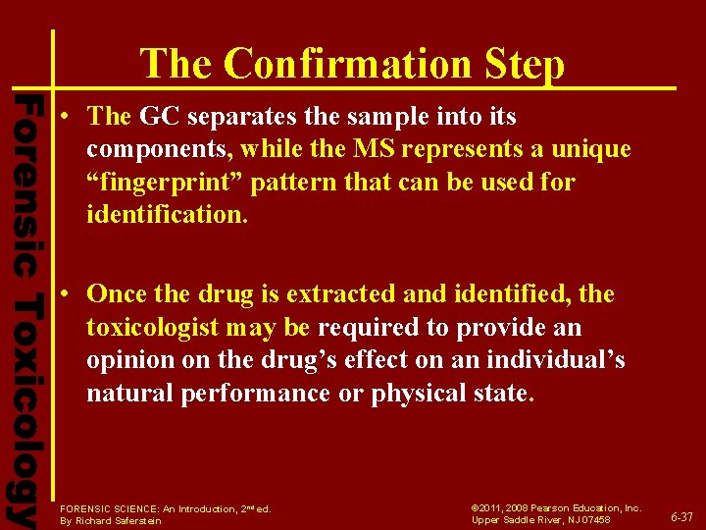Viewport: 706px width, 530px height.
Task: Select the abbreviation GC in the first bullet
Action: (161, 116)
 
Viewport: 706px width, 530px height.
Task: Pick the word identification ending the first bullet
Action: (167, 215)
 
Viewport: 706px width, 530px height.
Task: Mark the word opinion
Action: (127, 360)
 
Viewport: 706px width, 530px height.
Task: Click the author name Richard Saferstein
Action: (124, 520)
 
